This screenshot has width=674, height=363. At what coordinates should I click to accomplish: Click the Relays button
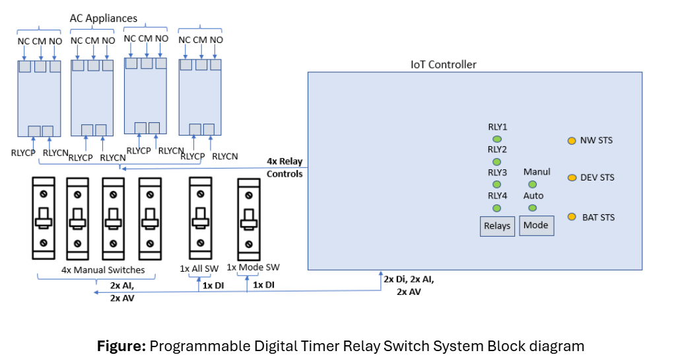pos(497,225)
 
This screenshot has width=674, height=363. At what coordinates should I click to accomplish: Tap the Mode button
pos(536,225)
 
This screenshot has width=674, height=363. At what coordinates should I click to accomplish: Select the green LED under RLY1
pos(496,139)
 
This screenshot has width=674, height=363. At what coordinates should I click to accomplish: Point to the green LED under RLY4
pos(496,208)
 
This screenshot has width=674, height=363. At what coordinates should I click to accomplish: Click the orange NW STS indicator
pos(572,140)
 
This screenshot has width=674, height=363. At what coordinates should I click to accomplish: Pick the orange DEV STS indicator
pos(572,177)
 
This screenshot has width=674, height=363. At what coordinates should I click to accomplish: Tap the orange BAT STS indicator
pos(572,217)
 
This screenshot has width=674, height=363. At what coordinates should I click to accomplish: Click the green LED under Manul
pos(532,184)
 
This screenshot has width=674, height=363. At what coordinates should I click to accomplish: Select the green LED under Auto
pos(532,208)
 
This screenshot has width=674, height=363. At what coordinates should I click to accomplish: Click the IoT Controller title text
pos(443,64)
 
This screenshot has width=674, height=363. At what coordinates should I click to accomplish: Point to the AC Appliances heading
pos(104,18)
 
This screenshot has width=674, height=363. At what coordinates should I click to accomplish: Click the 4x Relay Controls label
pos(285,167)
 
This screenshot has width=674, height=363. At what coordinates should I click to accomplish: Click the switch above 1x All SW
pos(201,218)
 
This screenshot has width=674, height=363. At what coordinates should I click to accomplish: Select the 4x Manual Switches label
pos(103,270)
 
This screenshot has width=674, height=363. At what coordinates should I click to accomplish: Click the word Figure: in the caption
pos(121,345)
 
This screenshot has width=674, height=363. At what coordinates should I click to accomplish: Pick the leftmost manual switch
pos(43,218)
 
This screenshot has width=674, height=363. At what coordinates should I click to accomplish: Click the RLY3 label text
pos(497,173)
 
